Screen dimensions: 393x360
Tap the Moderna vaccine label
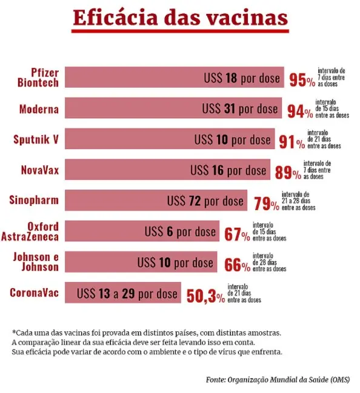39,110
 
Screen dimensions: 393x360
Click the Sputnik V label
36,140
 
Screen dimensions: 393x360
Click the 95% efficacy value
302,81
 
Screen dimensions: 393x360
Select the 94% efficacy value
299,111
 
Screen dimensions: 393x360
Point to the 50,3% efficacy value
205,296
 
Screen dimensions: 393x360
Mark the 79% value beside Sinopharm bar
266,203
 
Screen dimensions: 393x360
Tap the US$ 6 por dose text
180,231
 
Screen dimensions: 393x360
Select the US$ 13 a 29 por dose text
127,294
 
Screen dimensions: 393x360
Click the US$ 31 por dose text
240,109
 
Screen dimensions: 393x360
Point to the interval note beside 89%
317,170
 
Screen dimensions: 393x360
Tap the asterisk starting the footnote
13,332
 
